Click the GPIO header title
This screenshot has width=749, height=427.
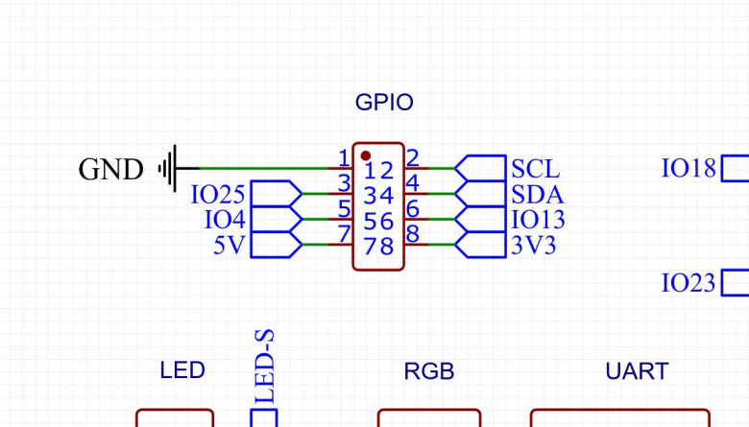click(384, 102)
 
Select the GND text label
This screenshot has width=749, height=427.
click(110, 170)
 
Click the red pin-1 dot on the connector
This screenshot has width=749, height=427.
click(366, 155)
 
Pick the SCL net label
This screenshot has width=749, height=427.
click(535, 169)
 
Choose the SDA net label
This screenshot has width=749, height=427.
click(537, 195)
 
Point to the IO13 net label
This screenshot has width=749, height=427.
click(538, 220)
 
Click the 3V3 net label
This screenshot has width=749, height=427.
click(534, 246)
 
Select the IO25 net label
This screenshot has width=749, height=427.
click(218, 195)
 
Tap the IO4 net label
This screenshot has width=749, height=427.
click(225, 220)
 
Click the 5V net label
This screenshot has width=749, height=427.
click(230, 246)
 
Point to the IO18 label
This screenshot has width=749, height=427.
click(689, 169)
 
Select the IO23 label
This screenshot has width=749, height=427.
click(689, 283)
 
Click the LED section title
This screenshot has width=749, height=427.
click(182, 369)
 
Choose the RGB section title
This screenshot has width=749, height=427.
click(428, 370)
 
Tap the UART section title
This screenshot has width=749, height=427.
click(637, 370)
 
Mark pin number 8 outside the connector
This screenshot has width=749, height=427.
click(413, 233)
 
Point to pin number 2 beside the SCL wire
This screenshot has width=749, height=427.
click(412, 157)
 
